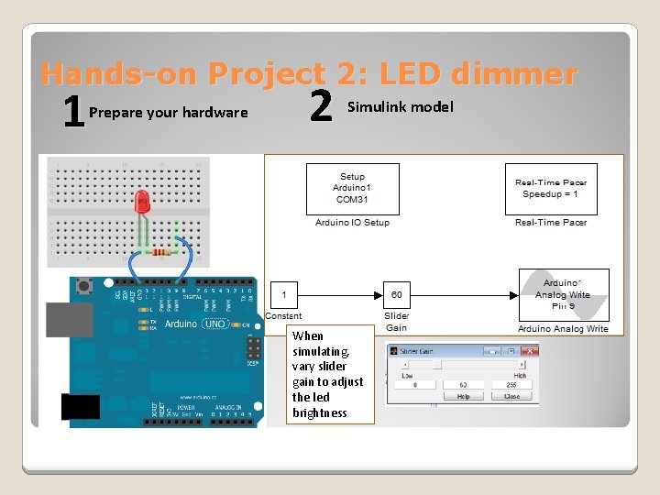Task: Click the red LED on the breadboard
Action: pos(142,202)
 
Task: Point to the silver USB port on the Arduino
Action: pos(71,319)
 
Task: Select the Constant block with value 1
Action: pos(284,295)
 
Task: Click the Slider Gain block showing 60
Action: pos(397,295)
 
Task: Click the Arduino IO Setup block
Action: pos(352,189)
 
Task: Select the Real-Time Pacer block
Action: pos(550,189)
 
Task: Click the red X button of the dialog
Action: pos(529,350)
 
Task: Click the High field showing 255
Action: pos(511,385)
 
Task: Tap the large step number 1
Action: pos(71,114)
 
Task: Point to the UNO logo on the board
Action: pos(214,324)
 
